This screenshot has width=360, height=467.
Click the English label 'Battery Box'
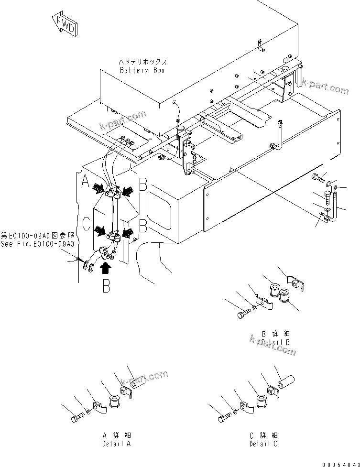pos(142,70)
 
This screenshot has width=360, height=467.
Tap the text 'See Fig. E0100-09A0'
pos(37,244)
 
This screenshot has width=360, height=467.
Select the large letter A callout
pos(87,182)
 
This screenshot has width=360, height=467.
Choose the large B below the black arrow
pos(107,288)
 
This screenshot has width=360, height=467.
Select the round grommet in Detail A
pos(115,402)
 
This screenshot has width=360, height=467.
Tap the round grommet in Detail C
pos(262,402)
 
